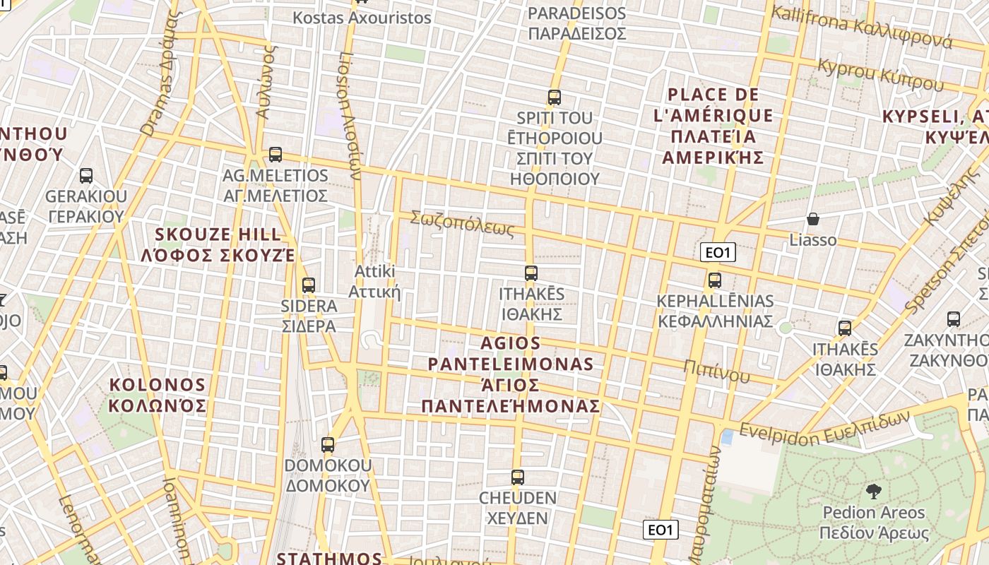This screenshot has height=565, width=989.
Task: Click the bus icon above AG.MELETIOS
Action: click(x=276, y=154)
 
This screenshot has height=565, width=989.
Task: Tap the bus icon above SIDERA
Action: click(x=309, y=285)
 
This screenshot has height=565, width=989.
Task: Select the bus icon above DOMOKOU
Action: click(x=328, y=445)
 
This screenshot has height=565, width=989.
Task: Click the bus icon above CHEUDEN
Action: click(x=518, y=477)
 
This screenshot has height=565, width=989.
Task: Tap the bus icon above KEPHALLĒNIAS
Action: click(x=715, y=280)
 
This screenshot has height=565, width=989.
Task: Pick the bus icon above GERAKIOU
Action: click(x=86, y=176)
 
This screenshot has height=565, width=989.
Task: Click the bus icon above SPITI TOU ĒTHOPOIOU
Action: click(x=555, y=97)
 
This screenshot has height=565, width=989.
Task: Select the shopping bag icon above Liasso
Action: click(x=813, y=219)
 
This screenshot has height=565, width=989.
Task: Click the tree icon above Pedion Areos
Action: click(x=873, y=492)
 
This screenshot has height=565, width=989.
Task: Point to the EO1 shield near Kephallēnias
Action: click(x=718, y=252)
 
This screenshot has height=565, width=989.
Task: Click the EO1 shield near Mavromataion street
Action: click(x=661, y=529)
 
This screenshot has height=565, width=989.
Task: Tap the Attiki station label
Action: click(x=374, y=281)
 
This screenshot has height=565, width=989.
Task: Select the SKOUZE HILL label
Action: click(x=218, y=244)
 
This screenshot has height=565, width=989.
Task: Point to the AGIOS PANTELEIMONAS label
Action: click(x=511, y=375)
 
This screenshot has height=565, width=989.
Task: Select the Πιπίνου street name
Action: click(x=716, y=370)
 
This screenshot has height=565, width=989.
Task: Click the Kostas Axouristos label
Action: click(x=362, y=18)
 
